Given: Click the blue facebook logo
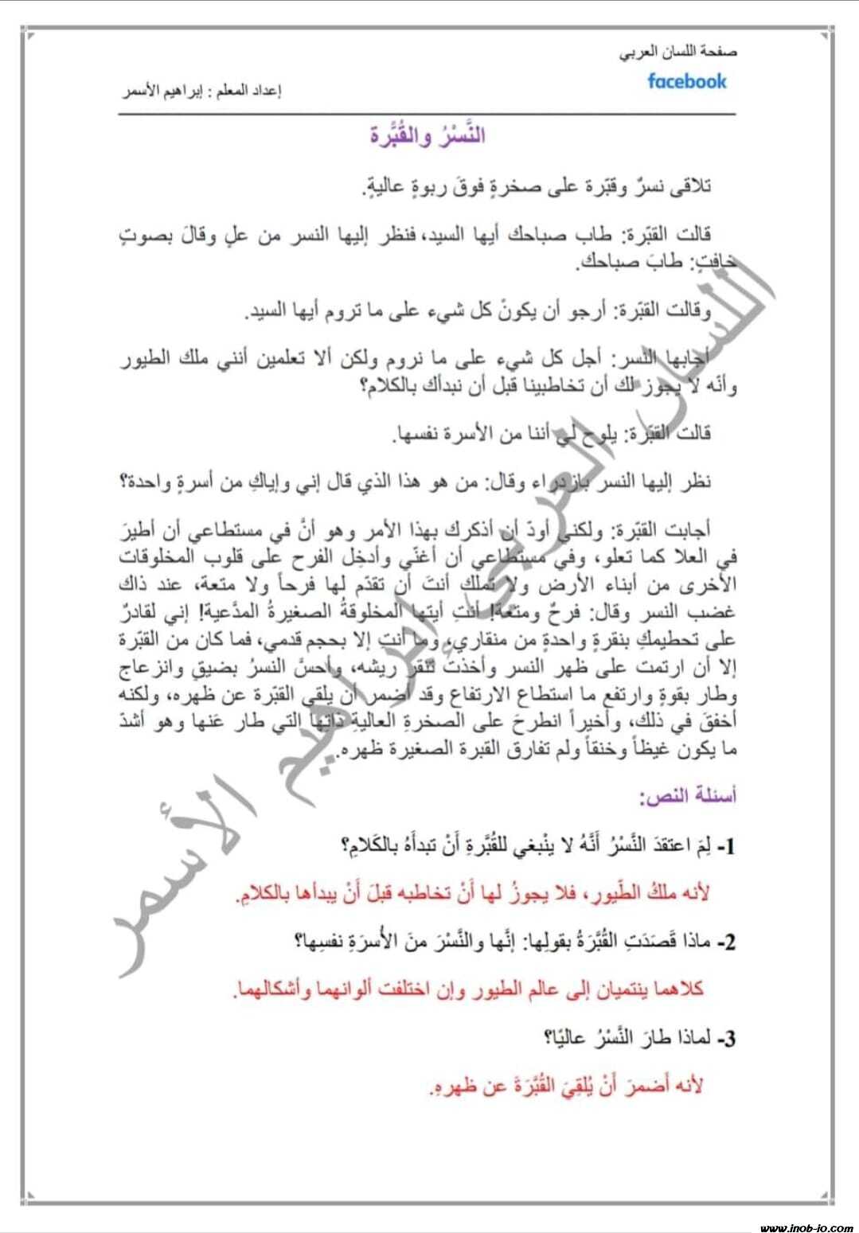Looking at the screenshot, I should pyautogui.click(x=687, y=80).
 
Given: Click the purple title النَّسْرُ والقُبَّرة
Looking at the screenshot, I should pyautogui.click(x=428, y=135).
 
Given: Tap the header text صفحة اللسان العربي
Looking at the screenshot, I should pyautogui.click(x=678, y=53).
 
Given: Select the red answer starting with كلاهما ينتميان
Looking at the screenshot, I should pyautogui.click(x=469, y=990).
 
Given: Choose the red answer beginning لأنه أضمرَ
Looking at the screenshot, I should pyautogui.click(x=567, y=1087).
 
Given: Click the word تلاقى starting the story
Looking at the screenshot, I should pyautogui.click(x=691, y=187).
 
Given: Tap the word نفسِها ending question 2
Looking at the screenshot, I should pyautogui.click(x=318, y=943).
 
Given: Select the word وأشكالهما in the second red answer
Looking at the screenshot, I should pyautogui.click(x=267, y=990).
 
